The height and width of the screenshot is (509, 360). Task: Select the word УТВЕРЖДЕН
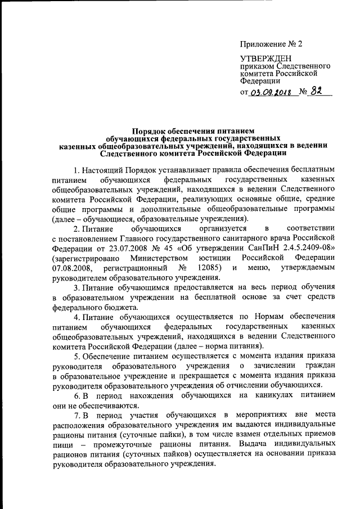point(266,58)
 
